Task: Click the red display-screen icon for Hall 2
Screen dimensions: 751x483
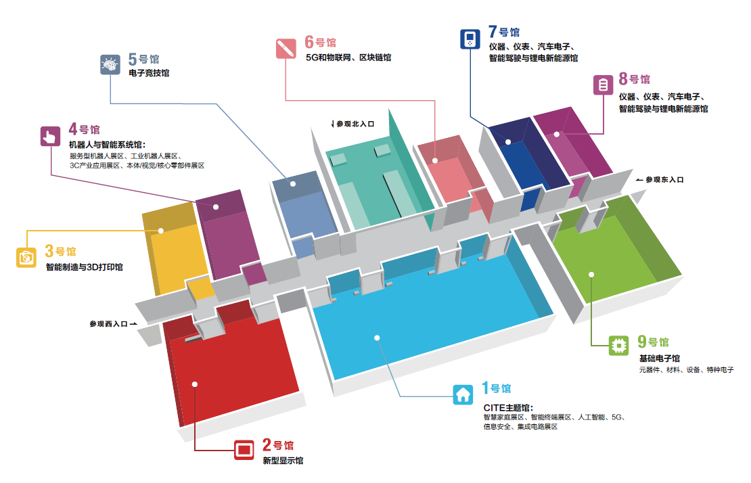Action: (x=244, y=450)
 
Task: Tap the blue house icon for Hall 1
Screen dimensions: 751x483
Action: (x=463, y=394)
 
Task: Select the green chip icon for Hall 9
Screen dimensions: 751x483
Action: (x=618, y=345)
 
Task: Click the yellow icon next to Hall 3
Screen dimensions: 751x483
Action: (x=26, y=258)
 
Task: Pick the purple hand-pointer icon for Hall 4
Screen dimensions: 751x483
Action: (x=50, y=137)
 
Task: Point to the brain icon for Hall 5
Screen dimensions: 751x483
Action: (x=110, y=65)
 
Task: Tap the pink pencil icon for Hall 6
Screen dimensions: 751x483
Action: (x=286, y=49)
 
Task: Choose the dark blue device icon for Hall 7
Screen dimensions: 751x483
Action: (x=470, y=39)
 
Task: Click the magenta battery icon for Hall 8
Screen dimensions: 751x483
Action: (x=603, y=85)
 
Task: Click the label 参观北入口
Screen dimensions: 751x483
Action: (x=355, y=124)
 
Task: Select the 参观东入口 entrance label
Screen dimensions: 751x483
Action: (x=664, y=179)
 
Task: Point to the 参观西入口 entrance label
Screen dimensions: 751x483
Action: (x=109, y=324)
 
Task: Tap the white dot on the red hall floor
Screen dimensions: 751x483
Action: (x=194, y=384)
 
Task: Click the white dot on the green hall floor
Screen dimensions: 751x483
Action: (x=591, y=274)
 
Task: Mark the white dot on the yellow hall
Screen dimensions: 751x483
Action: (x=161, y=231)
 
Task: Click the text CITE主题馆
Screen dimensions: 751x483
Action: (x=507, y=407)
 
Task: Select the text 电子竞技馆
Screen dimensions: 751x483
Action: (x=149, y=73)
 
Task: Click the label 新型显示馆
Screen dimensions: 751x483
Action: (x=283, y=461)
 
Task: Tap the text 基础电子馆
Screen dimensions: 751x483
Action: (x=660, y=358)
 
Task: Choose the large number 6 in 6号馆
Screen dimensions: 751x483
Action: (x=309, y=42)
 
